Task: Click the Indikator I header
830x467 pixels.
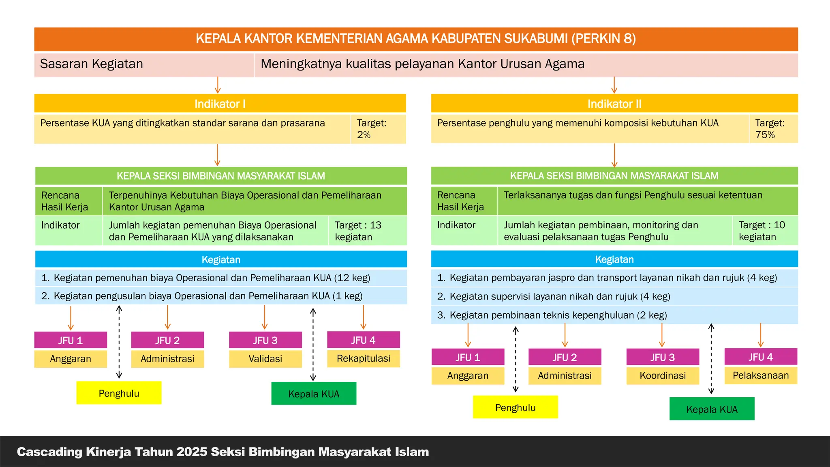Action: click(x=220, y=104)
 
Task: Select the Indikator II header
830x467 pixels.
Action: click(x=614, y=104)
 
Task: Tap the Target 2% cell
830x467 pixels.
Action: click(x=378, y=129)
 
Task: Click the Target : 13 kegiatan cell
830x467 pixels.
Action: click(x=367, y=231)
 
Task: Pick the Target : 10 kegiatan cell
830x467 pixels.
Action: click(x=764, y=231)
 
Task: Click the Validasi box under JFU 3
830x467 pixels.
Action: click(x=265, y=359)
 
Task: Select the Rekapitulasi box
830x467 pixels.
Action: click(x=363, y=358)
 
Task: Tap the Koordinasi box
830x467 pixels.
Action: click(x=663, y=376)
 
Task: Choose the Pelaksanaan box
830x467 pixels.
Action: click(x=761, y=375)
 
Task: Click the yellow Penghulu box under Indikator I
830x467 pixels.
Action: click(x=119, y=393)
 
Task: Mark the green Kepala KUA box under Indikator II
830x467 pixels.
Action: click(x=712, y=409)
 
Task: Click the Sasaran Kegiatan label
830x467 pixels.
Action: click(x=92, y=64)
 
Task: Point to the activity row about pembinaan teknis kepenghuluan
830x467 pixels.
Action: click(x=614, y=315)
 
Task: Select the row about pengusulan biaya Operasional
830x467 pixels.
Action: click(x=221, y=296)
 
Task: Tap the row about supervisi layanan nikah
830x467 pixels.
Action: click(x=614, y=296)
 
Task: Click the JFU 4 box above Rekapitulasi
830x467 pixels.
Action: click(x=363, y=340)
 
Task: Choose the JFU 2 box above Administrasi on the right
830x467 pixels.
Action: click(x=565, y=357)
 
